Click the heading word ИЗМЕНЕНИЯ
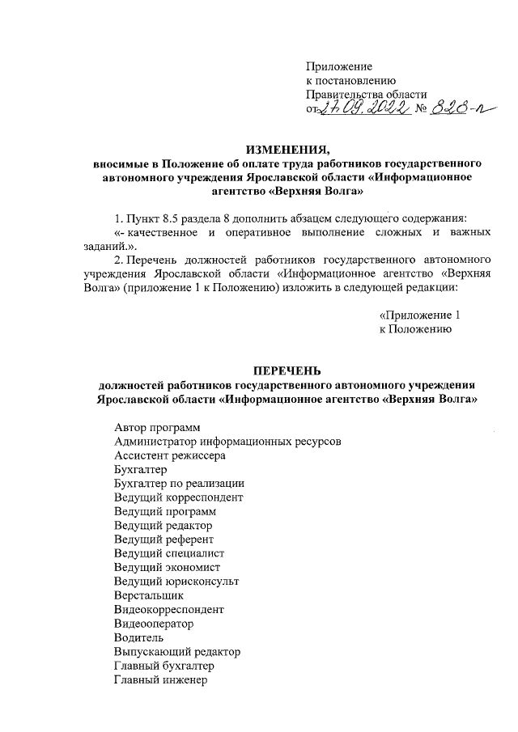pos(288,149)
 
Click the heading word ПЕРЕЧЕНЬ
pos(289,370)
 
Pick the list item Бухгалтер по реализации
pos(174,484)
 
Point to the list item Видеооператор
pos(154,624)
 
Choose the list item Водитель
pos(139,638)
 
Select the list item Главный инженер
pos(161,680)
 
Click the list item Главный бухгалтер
pos(165,666)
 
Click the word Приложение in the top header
pos(339,66)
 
